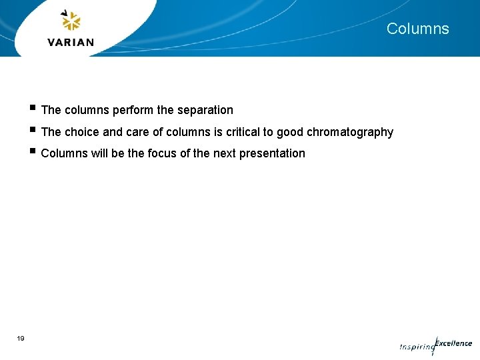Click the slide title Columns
[417, 29]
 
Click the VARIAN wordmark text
[71, 42]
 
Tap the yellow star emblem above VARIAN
[71, 21]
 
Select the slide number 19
[21, 339]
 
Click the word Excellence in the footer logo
[454, 343]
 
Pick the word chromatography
[350, 132]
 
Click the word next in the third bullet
[225, 153]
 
